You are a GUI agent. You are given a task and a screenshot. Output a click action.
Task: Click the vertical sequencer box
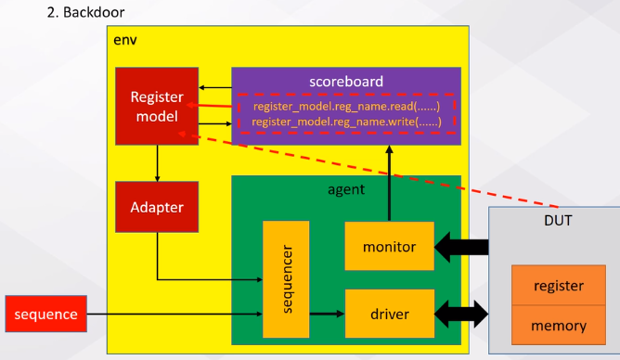(285, 279)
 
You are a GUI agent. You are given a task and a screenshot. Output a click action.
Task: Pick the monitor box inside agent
(389, 247)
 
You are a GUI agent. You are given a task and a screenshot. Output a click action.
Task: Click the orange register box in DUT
(558, 287)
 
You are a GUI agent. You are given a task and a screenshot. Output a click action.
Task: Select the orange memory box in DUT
(558, 326)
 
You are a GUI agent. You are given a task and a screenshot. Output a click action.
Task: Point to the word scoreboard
(345, 81)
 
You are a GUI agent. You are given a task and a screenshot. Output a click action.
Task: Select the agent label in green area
(345, 187)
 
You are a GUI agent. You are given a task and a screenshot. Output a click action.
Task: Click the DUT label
(558, 223)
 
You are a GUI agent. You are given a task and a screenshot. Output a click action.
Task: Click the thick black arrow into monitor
(461, 247)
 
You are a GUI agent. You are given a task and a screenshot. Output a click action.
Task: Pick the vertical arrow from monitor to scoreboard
(389, 182)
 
